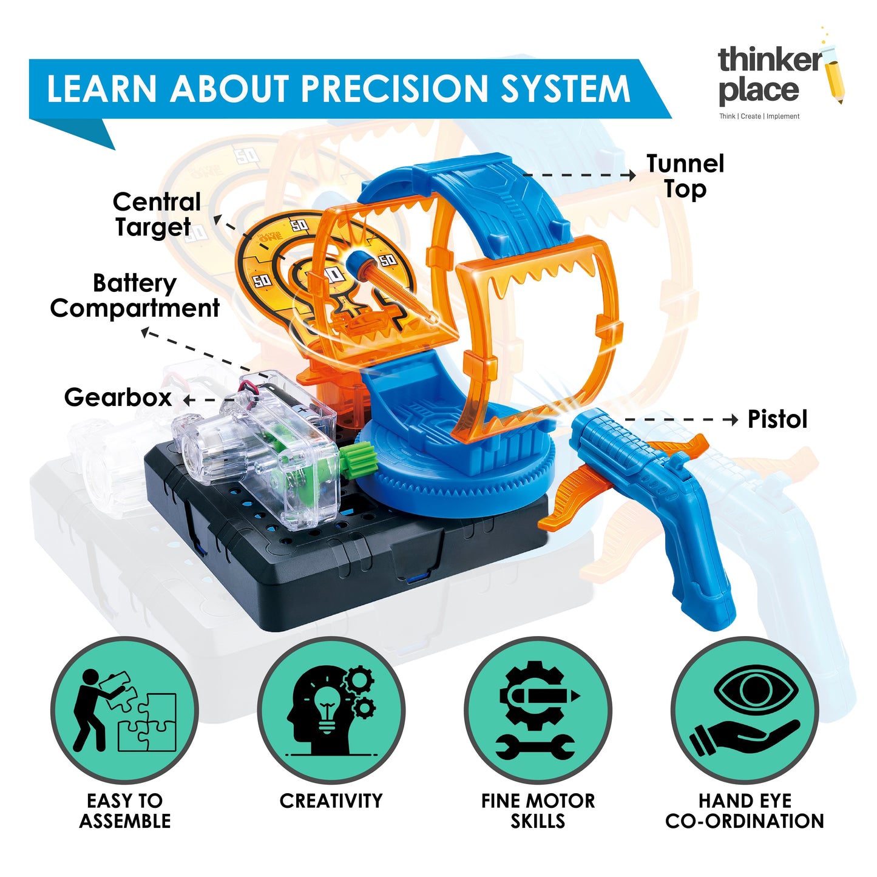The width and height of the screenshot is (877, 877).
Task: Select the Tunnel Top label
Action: click(x=685, y=176)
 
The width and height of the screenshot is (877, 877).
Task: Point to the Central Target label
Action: click(x=156, y=214)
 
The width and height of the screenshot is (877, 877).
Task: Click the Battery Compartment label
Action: click(x=135, y=296)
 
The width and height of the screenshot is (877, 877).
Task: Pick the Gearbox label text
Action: click(x=118, y=398)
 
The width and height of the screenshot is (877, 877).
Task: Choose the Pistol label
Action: click(x=777, y=419)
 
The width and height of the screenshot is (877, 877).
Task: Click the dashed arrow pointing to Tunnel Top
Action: click(x=580, y=175)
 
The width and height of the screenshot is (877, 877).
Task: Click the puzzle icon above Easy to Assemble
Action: click(x=124, y=711)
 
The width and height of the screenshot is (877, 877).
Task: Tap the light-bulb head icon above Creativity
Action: click(x=331, y=711)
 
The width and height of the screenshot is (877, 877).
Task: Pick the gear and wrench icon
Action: click(x=538, y=711)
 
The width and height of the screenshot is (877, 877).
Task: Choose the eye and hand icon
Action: click(x=745, y=711)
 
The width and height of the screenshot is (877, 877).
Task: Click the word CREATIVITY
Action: click(x=331, y=801)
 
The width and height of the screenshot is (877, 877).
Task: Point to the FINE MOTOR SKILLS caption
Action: click(x=538, y=811)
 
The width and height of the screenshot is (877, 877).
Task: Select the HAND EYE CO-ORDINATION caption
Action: click(x=745, y=811)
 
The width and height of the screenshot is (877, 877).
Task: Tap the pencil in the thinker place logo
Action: click(x=836, y=79)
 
